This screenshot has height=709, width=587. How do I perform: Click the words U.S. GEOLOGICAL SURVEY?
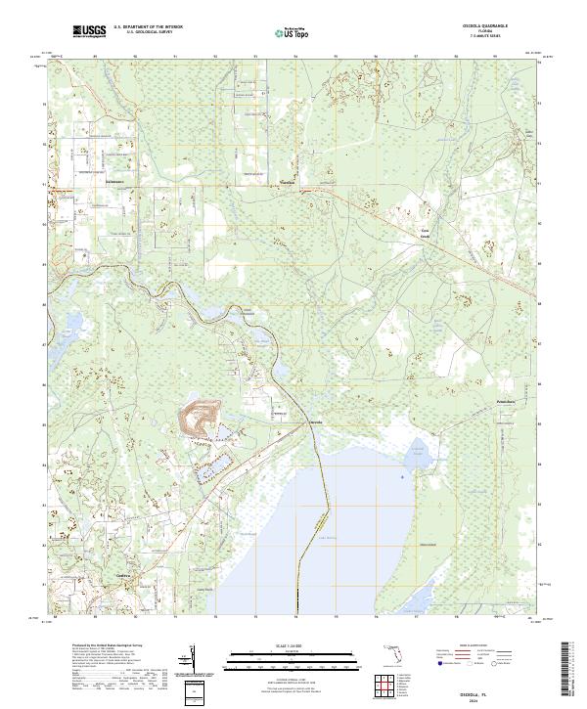(148, 32)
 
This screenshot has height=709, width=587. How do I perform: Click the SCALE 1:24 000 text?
(293, 643)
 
